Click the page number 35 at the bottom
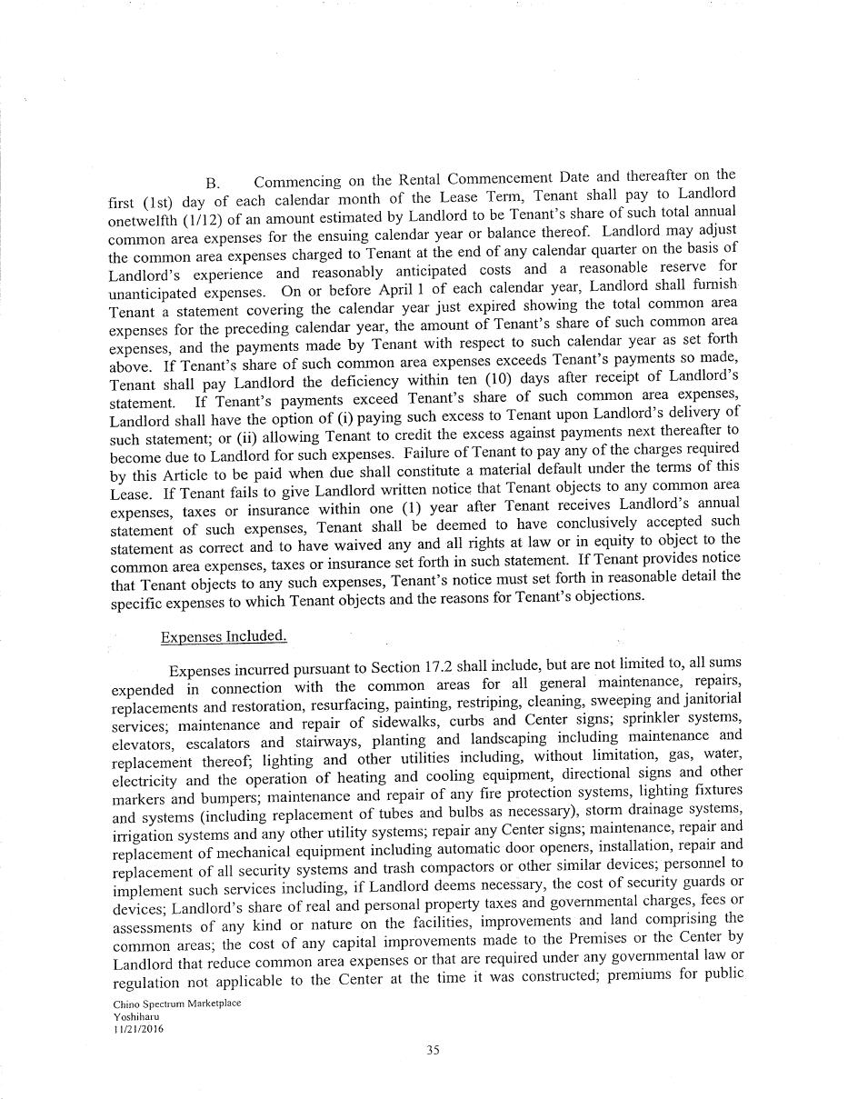click(433, 1050)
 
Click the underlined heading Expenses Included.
click(224, 636)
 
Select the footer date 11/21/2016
click(134, 1029)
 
